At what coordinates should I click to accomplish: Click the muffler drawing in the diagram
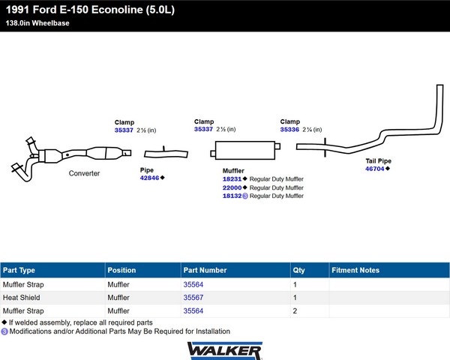pos(245,150)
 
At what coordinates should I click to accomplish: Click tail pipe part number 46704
pos(374,169)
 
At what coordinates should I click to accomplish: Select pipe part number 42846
pos(149,178)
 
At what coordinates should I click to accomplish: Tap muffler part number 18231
pos(232,179)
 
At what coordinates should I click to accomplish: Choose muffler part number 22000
pos(232,187)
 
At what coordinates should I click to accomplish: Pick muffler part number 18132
pos(232,196)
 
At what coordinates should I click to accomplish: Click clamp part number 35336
pos(289,130)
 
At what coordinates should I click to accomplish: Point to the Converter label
pos(84,173)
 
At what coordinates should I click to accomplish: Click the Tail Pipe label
pos(378,161)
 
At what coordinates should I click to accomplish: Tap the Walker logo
pos(225,350)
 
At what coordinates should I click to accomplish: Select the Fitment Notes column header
pos(355,270)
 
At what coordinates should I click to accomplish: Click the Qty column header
pos(298,271)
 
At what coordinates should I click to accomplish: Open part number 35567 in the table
pos(193,298)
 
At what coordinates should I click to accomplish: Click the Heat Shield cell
pos(22,298)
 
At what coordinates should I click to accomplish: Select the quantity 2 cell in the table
pos(295,311)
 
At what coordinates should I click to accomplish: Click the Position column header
pos(121,270)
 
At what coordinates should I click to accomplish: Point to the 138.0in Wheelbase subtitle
pos(37,23)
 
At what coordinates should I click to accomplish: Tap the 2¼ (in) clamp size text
pos(312,130)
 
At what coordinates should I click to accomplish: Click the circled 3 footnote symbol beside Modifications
pos(4,331)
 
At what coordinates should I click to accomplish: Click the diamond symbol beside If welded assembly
pos(4,322)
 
